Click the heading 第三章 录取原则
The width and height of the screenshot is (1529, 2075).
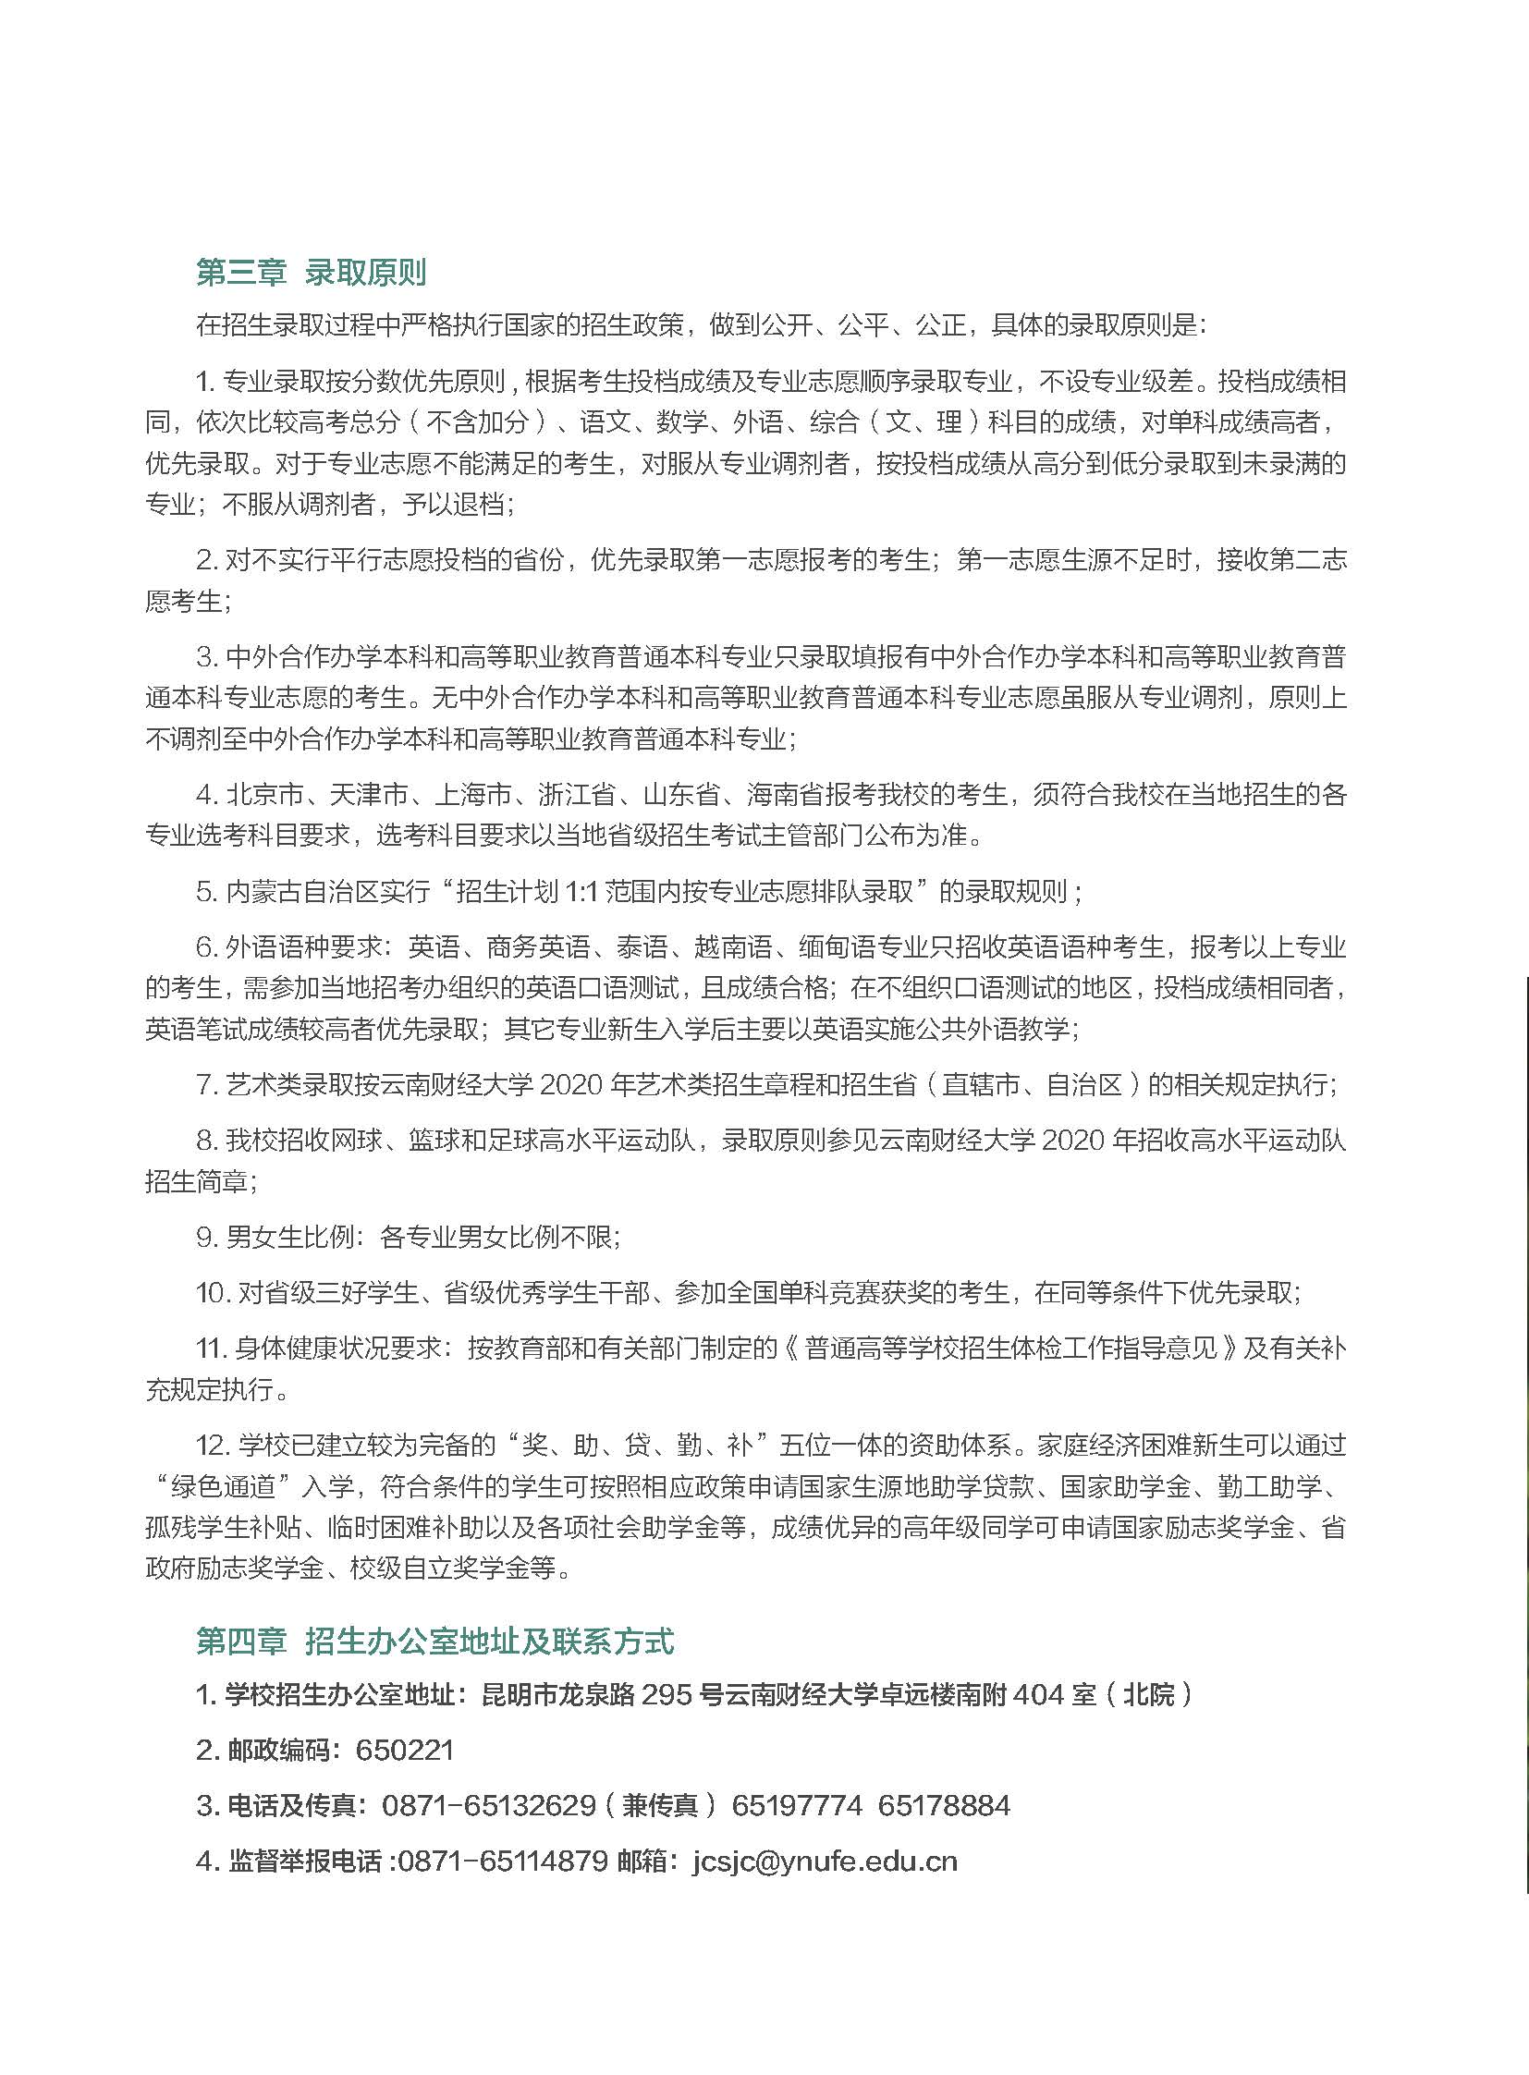[311, 273]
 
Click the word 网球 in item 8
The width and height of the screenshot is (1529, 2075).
[356, 1141]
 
